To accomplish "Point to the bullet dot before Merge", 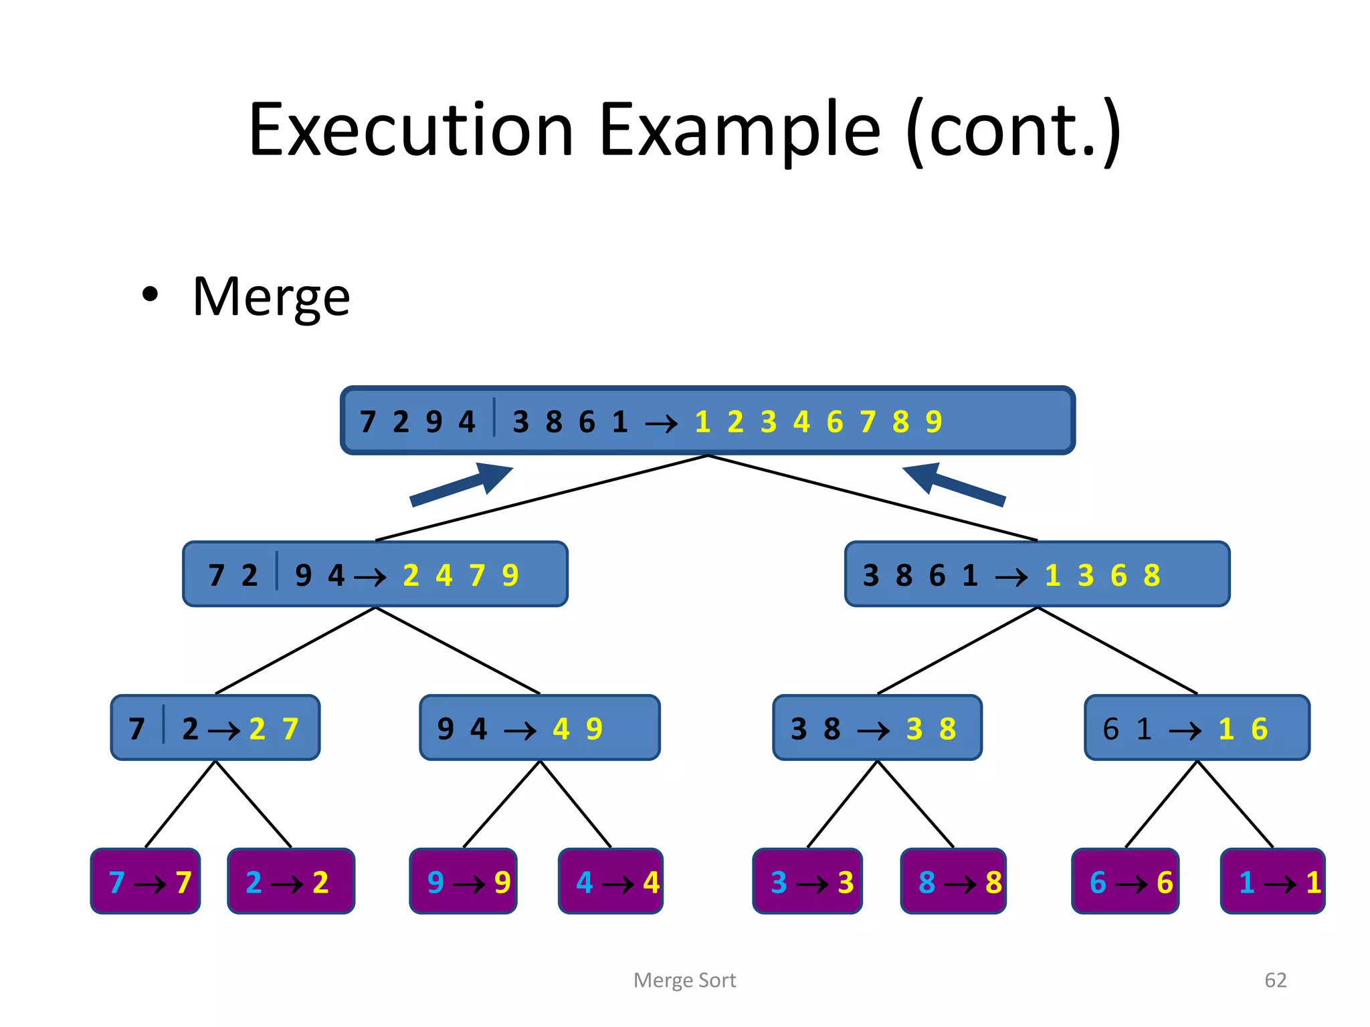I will coord(151,294).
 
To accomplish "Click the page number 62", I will coord(1275,980).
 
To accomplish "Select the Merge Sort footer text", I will coord(684,980).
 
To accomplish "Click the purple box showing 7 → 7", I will coord(146,881).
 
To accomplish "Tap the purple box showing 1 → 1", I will coord(1272,881).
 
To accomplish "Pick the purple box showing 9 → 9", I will coord(463,881).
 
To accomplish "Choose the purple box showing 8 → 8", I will coord(953,881).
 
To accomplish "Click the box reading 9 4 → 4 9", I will coord(539,728).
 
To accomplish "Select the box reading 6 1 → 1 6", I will coord(1197,728).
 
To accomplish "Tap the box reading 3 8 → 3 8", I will coord(877,728).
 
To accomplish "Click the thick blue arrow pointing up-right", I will coord(462,484).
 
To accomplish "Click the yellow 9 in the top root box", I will coord(934,422).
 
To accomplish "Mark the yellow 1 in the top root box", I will coord(702,422).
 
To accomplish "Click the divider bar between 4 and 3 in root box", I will coord(494,417).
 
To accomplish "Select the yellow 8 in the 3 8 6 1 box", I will coord(1151,575).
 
